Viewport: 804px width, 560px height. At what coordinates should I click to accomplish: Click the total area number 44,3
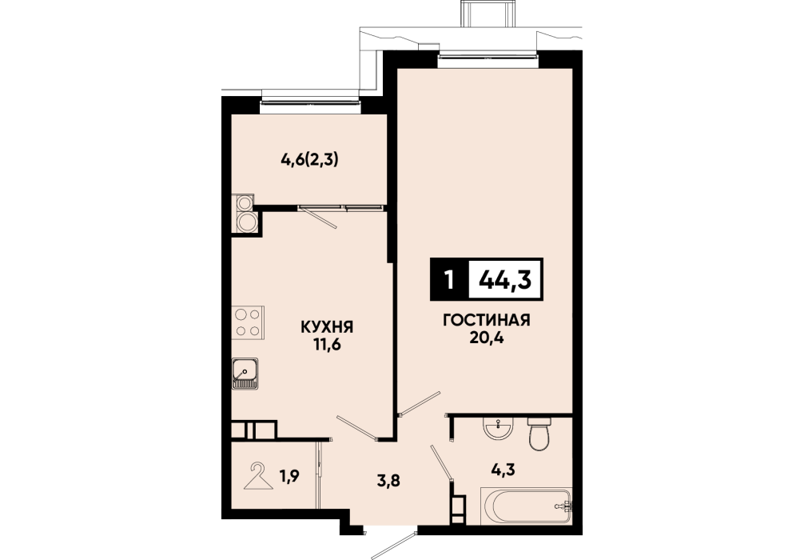tap(505, 280)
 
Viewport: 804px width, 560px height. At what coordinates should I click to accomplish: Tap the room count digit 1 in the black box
tap(450, 280)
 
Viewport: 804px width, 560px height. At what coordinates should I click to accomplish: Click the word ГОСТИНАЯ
tap(486, 320)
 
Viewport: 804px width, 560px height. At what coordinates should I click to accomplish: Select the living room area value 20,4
tap(486, 338)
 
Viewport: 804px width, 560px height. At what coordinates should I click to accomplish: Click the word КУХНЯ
tap(327, 326)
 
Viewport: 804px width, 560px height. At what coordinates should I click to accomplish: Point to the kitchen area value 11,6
tap(327, 345)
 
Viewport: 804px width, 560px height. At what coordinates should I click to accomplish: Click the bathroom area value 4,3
tap(502, 469)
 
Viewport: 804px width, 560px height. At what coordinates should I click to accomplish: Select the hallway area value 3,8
tap(388, 482)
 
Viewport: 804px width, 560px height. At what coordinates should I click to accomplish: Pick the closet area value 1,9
tap(289, 476)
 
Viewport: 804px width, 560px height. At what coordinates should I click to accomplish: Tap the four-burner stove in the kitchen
tap(248, 322)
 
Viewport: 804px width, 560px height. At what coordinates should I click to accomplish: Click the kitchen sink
tap(245, 373)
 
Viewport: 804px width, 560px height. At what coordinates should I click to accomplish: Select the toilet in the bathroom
tap(539, 434)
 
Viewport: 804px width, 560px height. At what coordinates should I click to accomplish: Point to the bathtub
tap(526, 506)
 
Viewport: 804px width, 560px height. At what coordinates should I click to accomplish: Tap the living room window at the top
tap(488, 59)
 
